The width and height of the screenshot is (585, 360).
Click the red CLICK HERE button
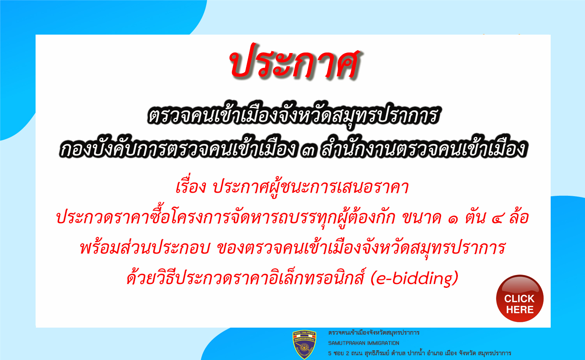520,298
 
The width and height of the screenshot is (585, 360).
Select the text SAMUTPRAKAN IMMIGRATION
364,343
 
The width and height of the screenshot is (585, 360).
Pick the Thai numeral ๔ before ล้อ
499,219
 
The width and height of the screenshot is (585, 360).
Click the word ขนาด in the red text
422,218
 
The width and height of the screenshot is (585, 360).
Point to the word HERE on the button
520,310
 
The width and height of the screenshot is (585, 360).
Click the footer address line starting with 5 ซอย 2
419,353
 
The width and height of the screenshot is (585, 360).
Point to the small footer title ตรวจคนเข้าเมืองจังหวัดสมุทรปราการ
374,333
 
